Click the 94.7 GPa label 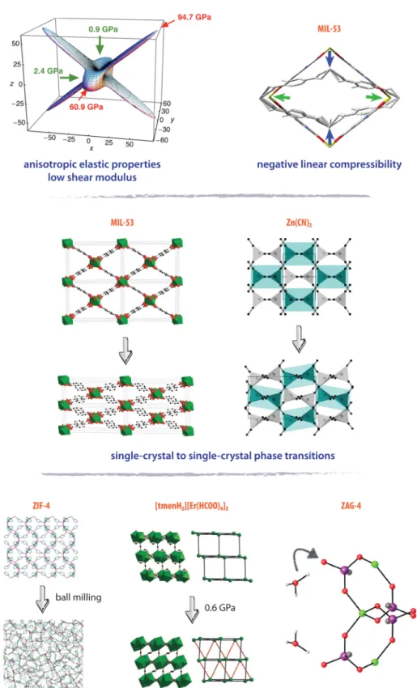pos(194,17)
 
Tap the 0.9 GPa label pos(103,29)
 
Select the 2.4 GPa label pos(49,70)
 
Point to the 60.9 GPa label pos(86,107)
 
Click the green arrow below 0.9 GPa pos(100,45)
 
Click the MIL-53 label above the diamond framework pos(330,29)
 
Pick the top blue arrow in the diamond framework pos(330,60)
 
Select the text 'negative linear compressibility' pos(330,164)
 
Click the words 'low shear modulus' pos(92,178)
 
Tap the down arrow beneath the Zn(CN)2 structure pos(299,339)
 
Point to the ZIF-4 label pos(41,505)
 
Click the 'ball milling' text pos(78,597)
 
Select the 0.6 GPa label pos(220,608)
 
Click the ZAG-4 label pos(351,505)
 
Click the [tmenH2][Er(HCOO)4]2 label pos(192,506)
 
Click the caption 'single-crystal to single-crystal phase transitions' pos(223,456)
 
